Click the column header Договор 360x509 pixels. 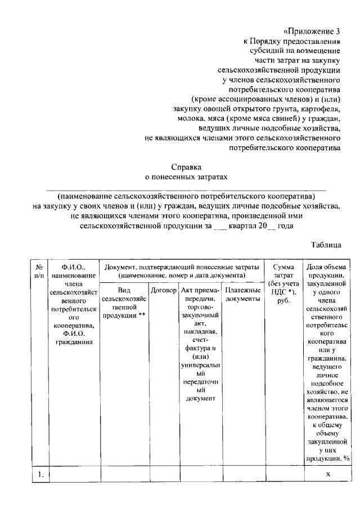(x=164, y=290)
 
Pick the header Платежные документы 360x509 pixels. (x=242, y=295)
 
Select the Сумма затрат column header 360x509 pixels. (x=283, y=284)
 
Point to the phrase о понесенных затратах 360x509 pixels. (x=186, y=177)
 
